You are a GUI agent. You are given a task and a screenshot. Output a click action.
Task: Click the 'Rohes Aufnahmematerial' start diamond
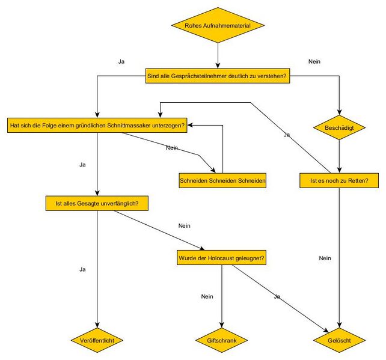tap(218, 25)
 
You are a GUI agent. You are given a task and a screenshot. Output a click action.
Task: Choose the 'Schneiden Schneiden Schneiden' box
tap(222, 180)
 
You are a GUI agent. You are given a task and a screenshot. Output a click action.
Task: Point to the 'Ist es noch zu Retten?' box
tap(339, 180)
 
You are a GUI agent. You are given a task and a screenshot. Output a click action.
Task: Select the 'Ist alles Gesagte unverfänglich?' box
tap(97, 204)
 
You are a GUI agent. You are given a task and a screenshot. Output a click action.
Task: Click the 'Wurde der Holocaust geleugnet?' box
tap(222, 258)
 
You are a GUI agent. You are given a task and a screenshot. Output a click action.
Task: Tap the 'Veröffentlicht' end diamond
tap(97, 340)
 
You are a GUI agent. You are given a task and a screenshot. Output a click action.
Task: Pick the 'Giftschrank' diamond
tap(222, 340)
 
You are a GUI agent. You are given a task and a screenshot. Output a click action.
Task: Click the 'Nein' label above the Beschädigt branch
tap(314, 61)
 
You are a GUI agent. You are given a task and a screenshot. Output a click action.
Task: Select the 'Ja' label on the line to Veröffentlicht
tap(82, 269)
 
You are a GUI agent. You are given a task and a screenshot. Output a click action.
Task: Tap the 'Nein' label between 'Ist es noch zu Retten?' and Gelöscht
tap(325, 258)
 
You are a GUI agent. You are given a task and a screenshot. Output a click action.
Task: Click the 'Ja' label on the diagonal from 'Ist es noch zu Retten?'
tap(287, 135)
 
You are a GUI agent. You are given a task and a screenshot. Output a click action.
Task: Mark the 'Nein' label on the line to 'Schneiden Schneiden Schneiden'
tap(171, 147)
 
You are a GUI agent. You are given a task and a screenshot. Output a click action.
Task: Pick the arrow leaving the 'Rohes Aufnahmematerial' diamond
tap(218, 55)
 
